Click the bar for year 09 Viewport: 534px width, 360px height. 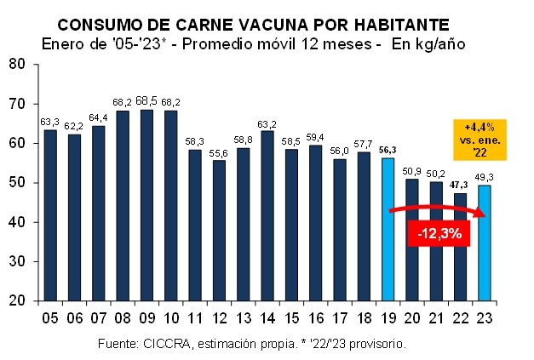146,205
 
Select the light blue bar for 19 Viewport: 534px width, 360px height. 388,229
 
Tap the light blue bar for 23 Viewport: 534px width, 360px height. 485,243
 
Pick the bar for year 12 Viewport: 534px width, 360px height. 219,231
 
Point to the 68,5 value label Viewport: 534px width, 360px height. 146,100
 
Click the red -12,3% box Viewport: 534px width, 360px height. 440,233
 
